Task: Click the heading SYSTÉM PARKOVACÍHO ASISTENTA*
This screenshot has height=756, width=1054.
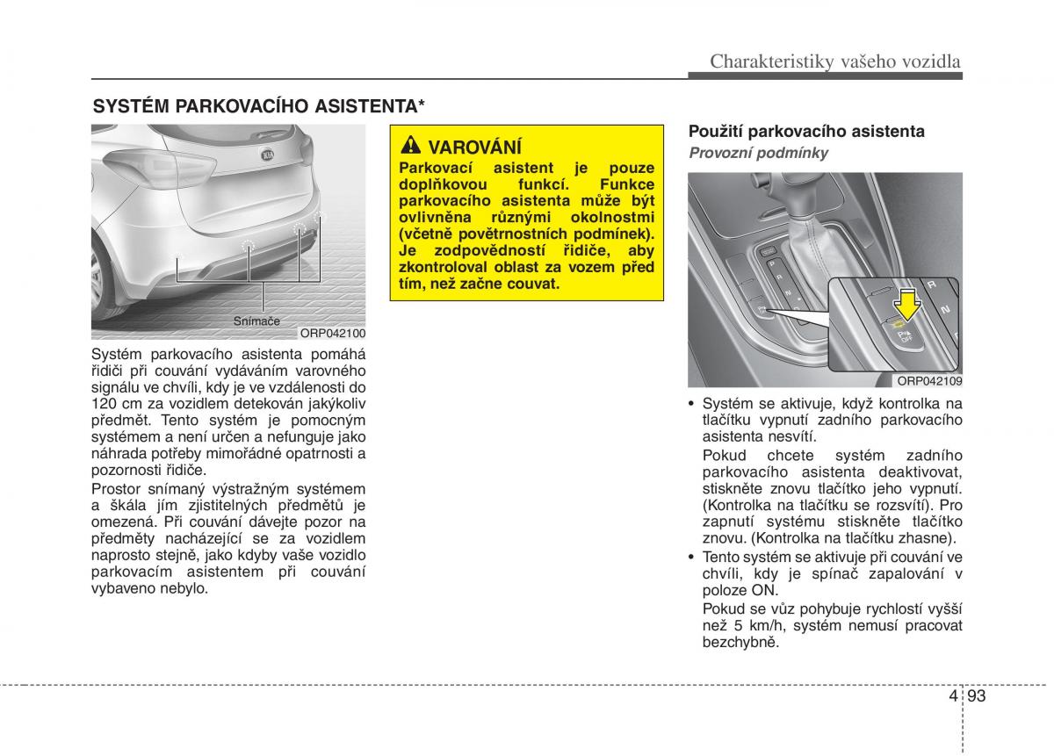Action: (260, 106)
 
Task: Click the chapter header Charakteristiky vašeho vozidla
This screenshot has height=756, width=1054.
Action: (834, 61)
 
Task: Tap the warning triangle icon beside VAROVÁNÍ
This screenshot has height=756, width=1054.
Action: (411, 147)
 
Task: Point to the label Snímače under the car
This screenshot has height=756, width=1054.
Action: (256, 321)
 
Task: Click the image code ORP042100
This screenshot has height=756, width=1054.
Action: (332, 334)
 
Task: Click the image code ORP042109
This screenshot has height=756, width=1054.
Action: (929, 381)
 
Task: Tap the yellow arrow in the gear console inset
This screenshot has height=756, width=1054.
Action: (906, 307)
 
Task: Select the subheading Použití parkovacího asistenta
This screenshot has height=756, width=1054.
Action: (806, 132)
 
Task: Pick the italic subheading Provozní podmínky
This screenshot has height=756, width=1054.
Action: (758, 153)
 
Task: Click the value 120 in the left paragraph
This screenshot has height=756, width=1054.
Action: (104, 403)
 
